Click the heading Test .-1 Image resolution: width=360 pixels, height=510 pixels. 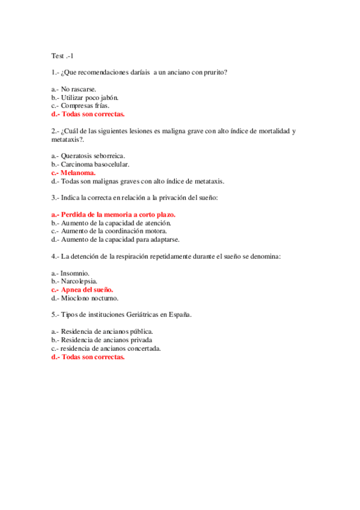[62, 56]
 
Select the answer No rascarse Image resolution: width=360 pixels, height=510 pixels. [78, 89]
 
